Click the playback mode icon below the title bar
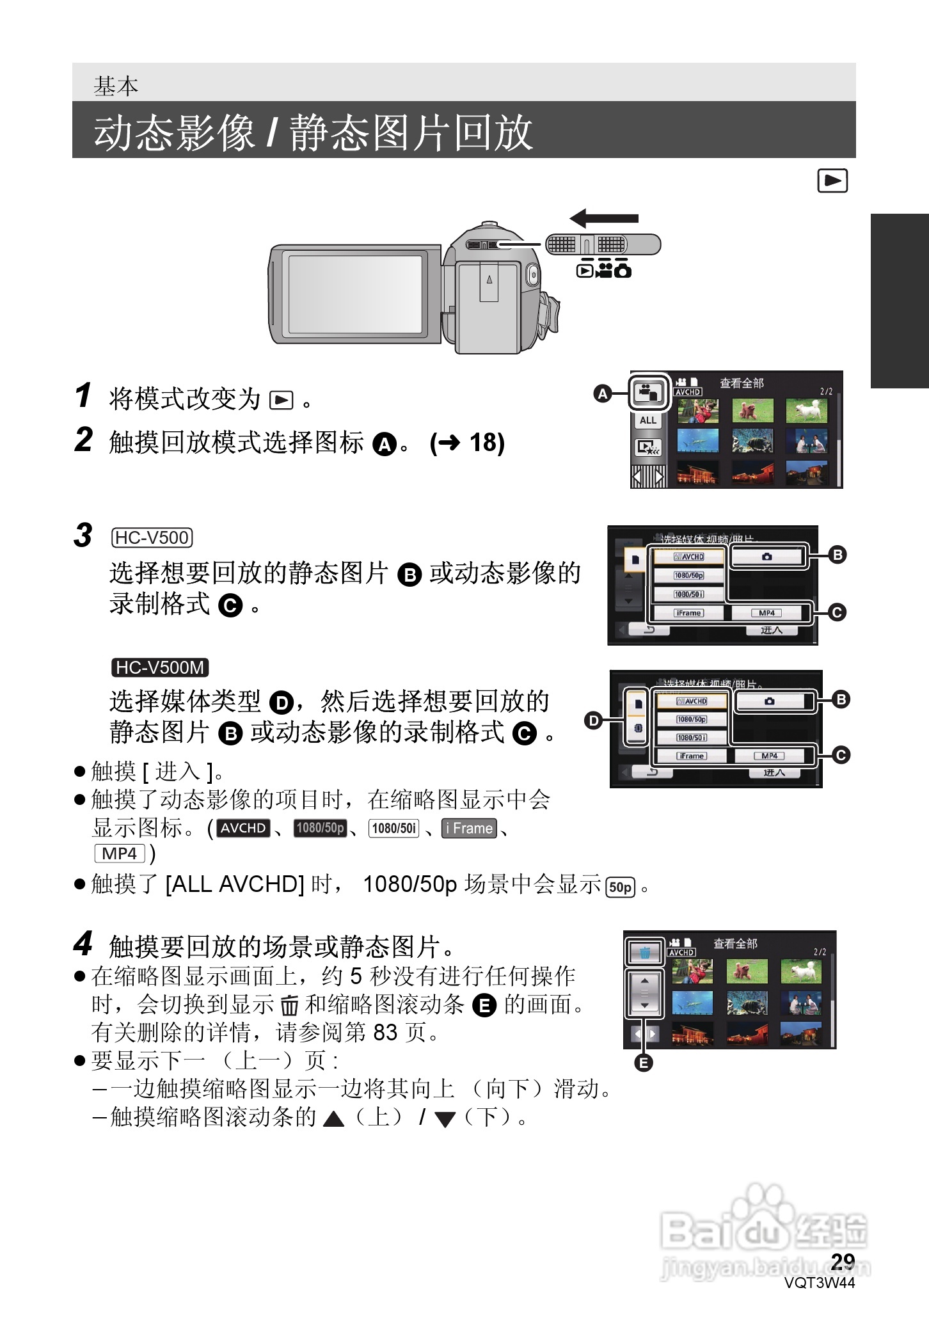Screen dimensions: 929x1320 [832, 181]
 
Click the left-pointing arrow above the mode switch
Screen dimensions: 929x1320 [603, 218]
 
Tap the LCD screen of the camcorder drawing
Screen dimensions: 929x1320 [356, 294]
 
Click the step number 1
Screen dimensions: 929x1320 [83, 395]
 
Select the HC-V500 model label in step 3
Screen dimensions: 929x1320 [152, 537]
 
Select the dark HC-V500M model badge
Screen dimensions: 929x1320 [159, 668]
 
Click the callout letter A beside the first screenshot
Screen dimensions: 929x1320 [602, 394]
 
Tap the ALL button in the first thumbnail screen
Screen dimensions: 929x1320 [648, 420]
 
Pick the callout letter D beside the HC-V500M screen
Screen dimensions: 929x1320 [594, 721]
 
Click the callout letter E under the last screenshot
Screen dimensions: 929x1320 [643, 1063]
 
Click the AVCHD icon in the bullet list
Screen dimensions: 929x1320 [243, 828]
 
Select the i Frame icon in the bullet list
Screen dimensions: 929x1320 [470, 828]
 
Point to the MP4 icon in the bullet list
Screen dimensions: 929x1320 [120, 854]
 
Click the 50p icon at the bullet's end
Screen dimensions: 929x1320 [620, 887]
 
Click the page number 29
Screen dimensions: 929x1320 [843, 1261]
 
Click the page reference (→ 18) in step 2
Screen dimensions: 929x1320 [467, 443]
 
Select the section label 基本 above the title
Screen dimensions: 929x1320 [116, 86]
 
